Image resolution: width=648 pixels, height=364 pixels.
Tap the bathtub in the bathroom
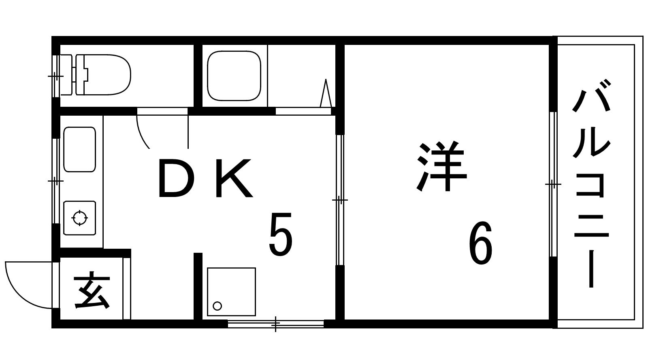(x=234, y=76)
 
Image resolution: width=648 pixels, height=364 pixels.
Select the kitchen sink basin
(x=79, y=149)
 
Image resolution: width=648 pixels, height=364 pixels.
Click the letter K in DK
(x=233, y=179)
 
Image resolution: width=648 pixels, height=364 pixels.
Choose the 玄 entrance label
(x=92, y=292)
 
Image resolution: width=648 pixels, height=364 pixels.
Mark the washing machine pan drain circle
(x=217, y=306)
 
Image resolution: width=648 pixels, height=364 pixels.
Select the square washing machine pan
(x=231, y=291)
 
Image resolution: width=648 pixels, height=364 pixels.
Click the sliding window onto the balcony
(x=553, y=184)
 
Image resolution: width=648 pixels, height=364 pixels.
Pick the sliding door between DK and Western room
(x=340, y=200)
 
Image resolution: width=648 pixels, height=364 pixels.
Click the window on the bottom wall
(x=275, y=324)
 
